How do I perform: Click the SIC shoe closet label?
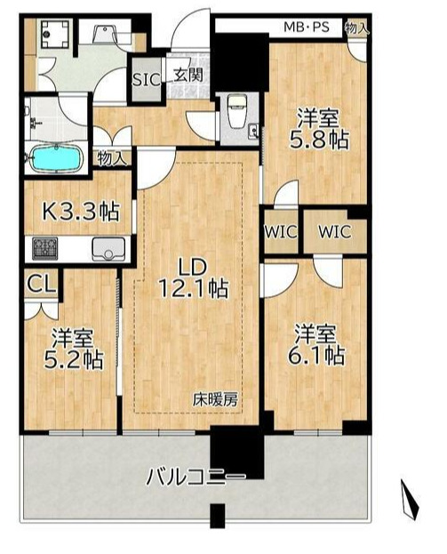(146, 78)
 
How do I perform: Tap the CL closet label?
(37, 285)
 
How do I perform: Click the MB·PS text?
(307, 27)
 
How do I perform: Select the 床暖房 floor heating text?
(217, 400)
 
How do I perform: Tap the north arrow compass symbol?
(409, 500)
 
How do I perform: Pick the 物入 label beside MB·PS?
(357, 28)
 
